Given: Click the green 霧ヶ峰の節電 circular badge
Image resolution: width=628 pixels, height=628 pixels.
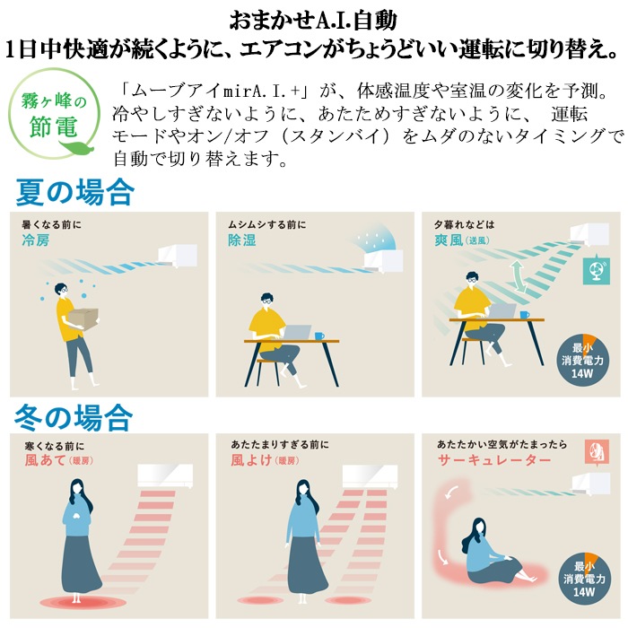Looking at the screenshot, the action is tap(54, 114).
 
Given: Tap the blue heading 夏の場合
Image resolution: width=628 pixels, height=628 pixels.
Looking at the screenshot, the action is tap(74, 192).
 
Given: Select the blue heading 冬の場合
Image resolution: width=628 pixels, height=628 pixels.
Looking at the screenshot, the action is tap(74, 417).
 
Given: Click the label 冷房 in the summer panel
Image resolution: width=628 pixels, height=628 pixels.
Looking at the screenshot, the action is tap(36, 240).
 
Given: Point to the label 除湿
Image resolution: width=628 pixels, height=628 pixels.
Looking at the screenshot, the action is tap(242, 240).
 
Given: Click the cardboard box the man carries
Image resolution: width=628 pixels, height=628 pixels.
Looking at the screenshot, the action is tap(83, 318).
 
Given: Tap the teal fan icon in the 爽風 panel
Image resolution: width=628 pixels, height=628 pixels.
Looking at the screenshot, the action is tap(597, 269).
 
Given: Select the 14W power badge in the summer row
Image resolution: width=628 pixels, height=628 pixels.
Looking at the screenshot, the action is tap(582, 360).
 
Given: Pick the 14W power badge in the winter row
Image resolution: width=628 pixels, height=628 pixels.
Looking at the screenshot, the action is tap(584, 579).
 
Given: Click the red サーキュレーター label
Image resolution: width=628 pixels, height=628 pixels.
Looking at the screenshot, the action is tap(493, 459).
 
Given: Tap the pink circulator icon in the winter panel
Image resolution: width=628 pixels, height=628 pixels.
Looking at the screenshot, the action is tap(597, 452).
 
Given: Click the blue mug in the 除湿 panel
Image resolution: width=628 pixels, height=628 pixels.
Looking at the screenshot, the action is tap(319, 336).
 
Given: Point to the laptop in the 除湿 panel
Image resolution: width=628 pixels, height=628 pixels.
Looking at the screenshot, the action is tap(297, 332).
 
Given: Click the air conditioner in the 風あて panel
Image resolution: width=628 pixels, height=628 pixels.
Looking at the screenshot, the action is tap(165, 475).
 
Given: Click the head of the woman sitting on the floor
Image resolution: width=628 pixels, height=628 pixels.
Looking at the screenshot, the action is tap(478, 527).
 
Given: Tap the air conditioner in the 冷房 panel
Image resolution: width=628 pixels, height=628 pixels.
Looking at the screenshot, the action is tap(178, 256).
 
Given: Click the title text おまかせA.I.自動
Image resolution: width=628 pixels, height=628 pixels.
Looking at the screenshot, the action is tap(313, 21).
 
